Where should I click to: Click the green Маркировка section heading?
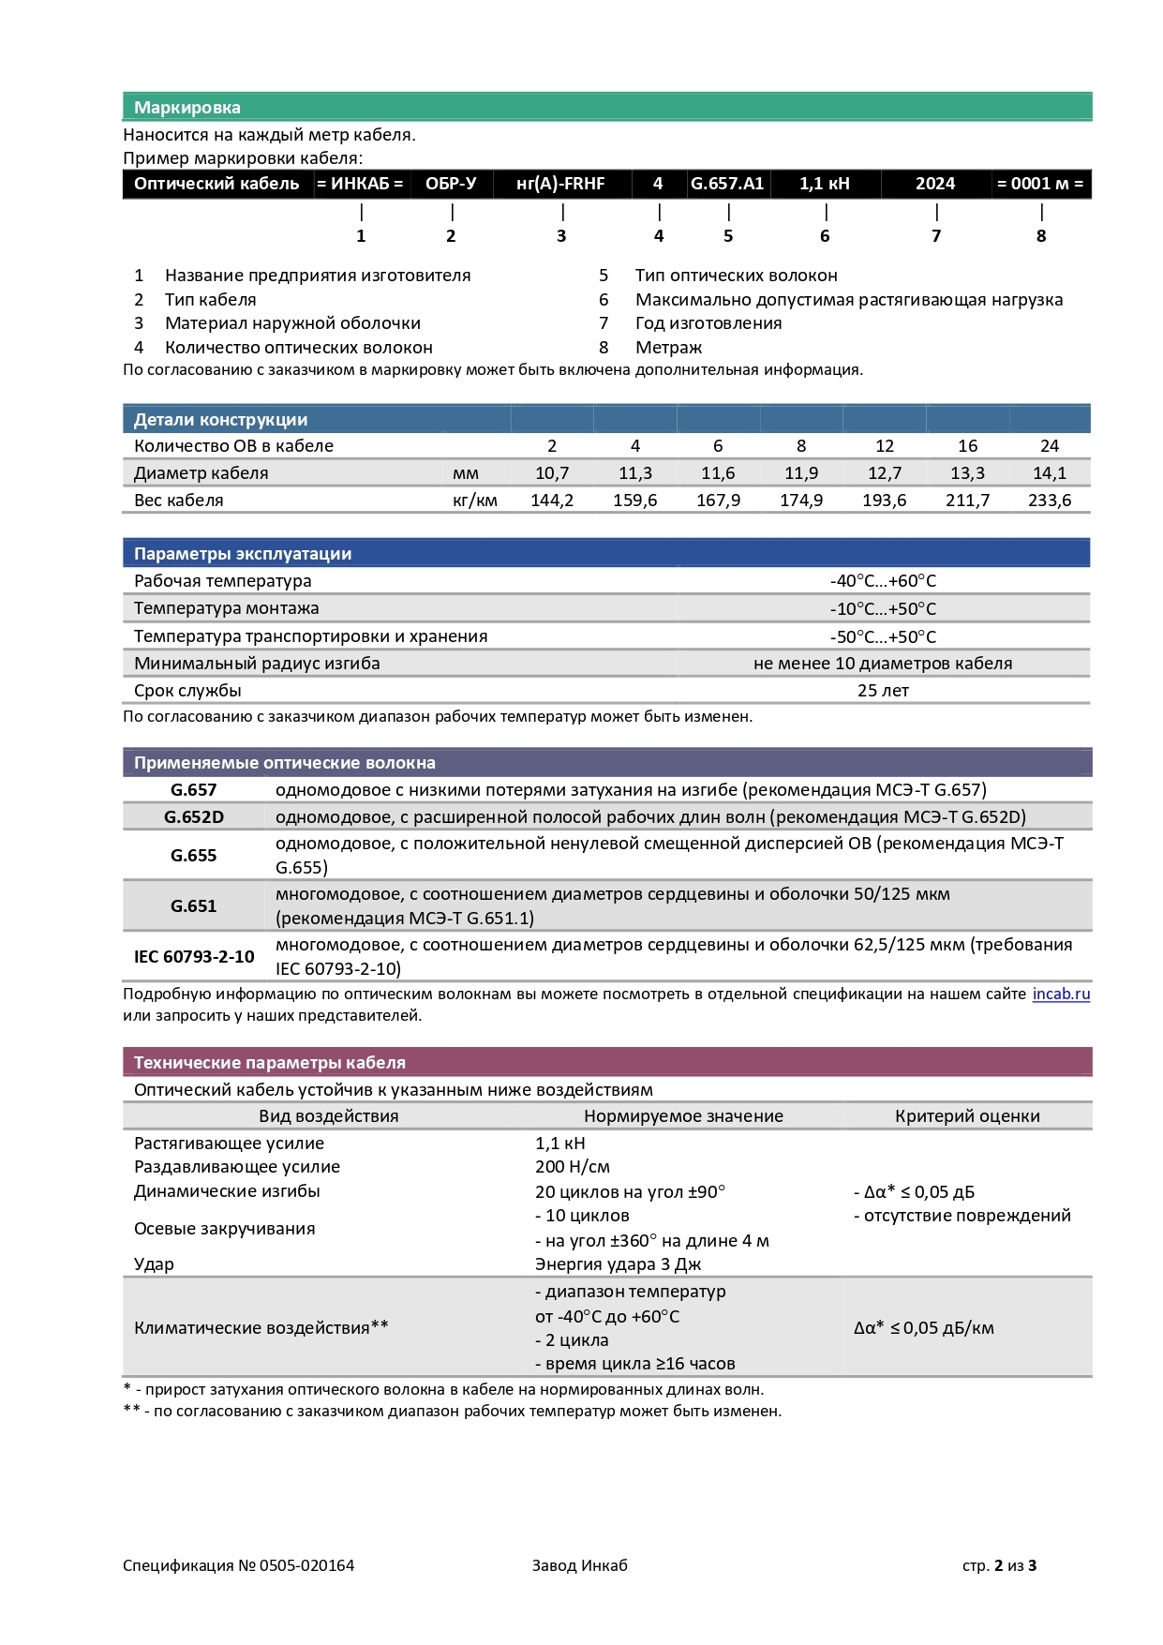(x=187, y=108)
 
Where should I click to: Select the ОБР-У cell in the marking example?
(x=451, y=184)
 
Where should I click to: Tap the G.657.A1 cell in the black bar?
(x=727, y=184)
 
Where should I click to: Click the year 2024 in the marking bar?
(x=935, y=184)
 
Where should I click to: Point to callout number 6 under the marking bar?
(x=825, y=236)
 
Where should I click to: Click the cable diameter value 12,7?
(x=885, y=473)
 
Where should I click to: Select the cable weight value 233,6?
(x=1050, y=501)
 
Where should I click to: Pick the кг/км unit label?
(x=475, y=501)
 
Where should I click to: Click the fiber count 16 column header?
(x=967, y=446)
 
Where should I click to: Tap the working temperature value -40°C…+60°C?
(x=883, y=581)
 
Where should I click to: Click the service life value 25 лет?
(x=883, y=691)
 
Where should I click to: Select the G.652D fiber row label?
(x=194, y=817)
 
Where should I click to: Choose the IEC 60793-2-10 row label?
(x=194, y=957)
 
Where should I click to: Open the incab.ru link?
(x=1061, y=994)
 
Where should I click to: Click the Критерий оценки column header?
(x=967, y=1116)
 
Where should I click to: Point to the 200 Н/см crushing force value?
(x=573, y=1167)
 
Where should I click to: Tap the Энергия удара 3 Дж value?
(x=619, y=1264)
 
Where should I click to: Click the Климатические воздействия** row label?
(x=261, y=1327)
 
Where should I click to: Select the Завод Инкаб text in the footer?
(x=579, y=1565)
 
